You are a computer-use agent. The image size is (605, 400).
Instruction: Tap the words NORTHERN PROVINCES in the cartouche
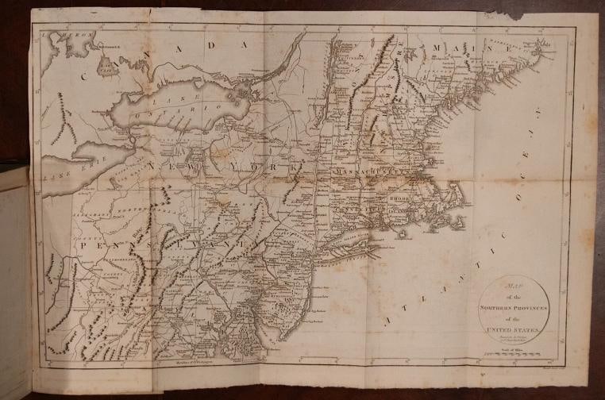tap(506, 306)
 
